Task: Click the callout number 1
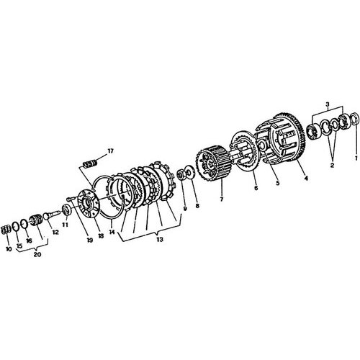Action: [356, 158]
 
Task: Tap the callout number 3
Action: [328, 104]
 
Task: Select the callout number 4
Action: [306, 179]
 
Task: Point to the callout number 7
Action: [221, 199]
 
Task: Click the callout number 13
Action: [160, 239]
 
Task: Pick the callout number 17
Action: [110, 151]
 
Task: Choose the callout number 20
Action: [37, 255]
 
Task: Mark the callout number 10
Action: [9, 249]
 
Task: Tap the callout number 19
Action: [89, 240]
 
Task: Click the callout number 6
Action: [256, 188]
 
